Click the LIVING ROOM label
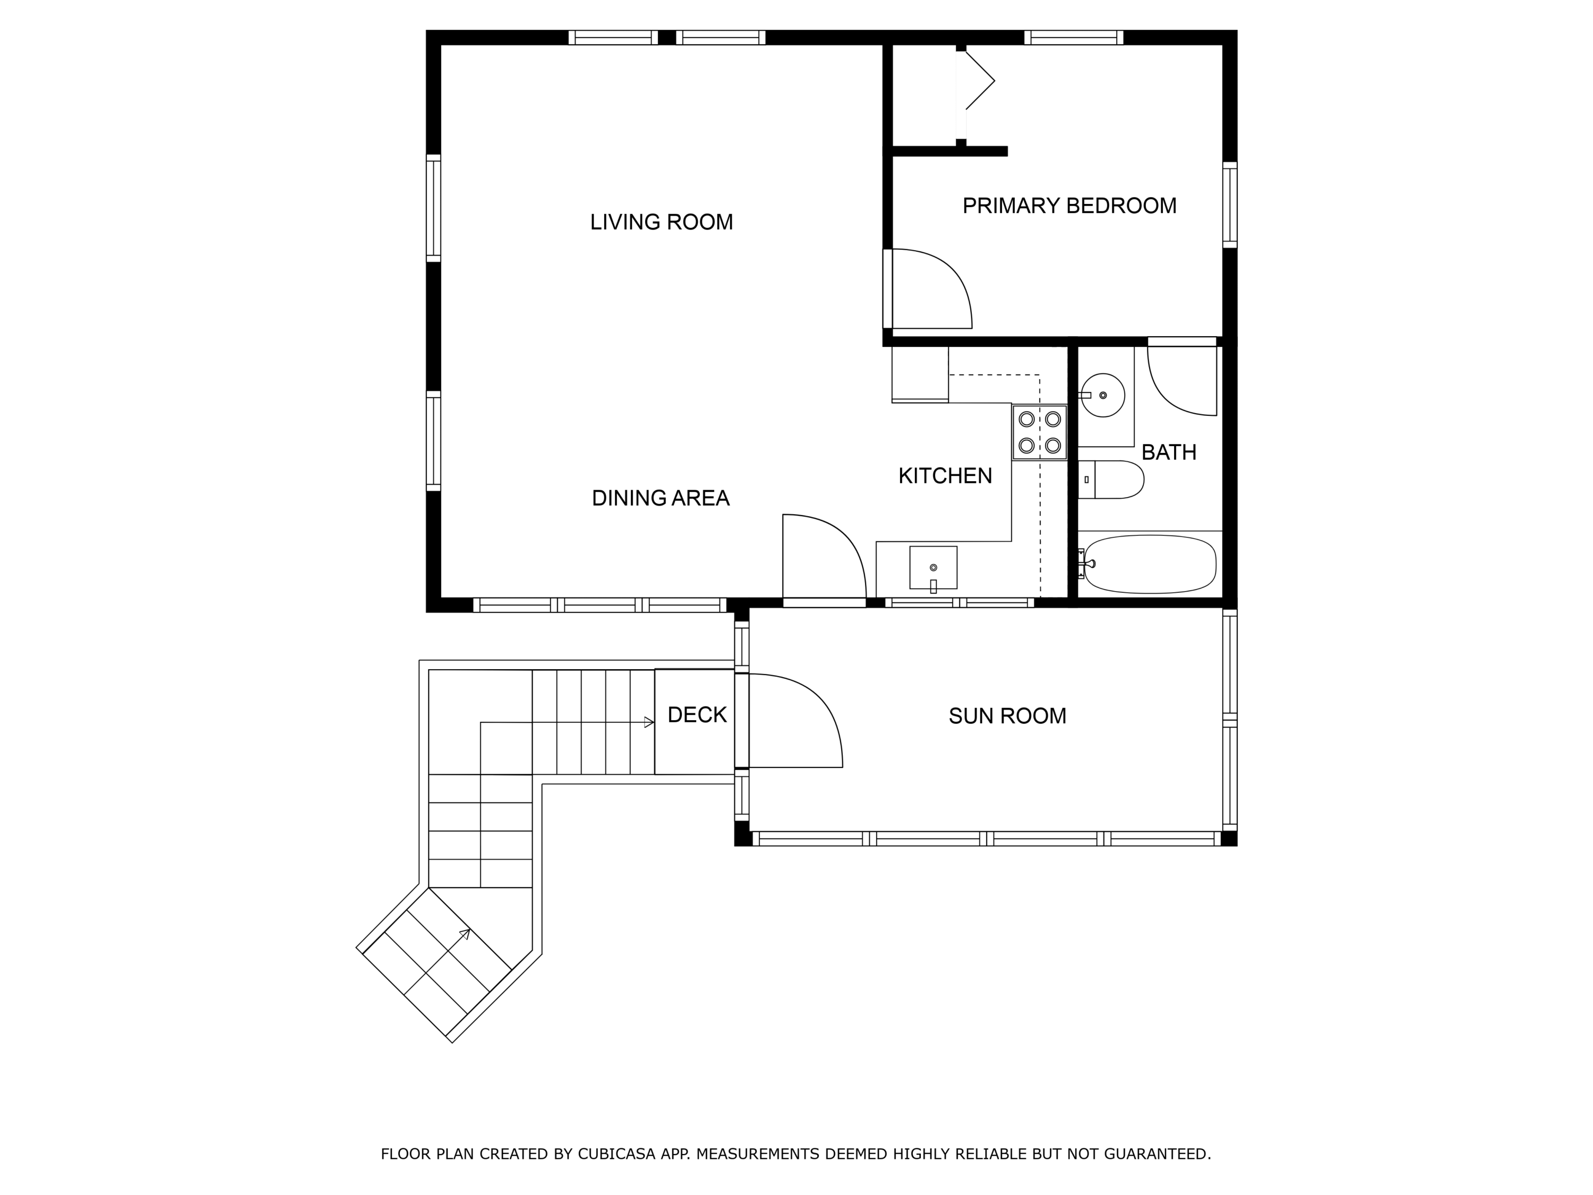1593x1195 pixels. tap(661, 222)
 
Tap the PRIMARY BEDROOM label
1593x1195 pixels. tap(1069, 206)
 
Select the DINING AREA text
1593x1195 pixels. tap(661, 498)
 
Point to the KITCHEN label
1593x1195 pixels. tap(945, 475)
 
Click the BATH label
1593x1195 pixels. tap(1169, 453)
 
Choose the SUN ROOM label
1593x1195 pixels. tap(1007, 716)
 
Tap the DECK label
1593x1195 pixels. tap(697, 714)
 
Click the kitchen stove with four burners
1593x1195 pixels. tap(1039, 433)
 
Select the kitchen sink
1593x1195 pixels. tap(933, 568)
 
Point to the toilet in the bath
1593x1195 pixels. tap(1110, 480)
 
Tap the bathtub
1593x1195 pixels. tap(1150, 564)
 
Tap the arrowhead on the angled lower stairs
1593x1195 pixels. tap(466, 934)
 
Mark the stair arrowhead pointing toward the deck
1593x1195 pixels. tap(649, 722)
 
